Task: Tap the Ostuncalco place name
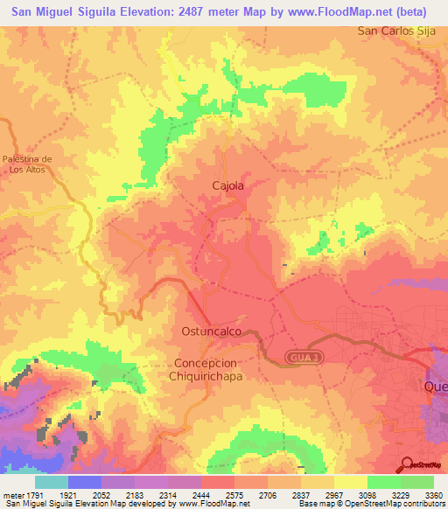(210, 333)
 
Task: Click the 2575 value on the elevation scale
(233, 494)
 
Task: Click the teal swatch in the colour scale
(52, 482)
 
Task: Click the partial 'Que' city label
(435, 386)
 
